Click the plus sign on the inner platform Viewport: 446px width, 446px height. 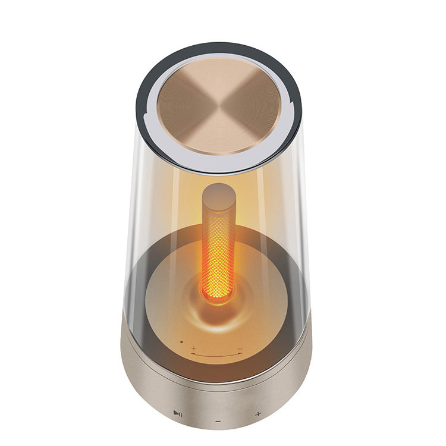(x=194, y=347)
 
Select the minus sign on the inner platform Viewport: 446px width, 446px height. (x=240, y=349)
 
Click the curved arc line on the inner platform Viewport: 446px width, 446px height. (x=216, y=355)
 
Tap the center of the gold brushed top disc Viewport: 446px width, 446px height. (x=219, y=106)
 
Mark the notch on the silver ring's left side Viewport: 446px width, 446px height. (x=145, y=107)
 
